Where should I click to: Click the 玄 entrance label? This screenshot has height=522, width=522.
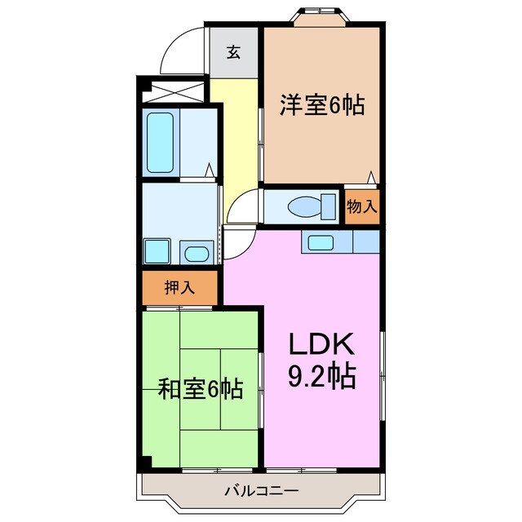(233, 52)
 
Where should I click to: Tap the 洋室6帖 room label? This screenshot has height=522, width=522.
(322, 105)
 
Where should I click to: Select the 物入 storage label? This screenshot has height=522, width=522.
(361, 206)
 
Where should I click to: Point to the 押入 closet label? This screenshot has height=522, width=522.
(179, 287)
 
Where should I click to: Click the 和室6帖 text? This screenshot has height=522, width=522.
(201, 389)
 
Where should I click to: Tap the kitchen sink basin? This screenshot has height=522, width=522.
(320, 242)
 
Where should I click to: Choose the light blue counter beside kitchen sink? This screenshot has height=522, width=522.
(365, 242)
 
